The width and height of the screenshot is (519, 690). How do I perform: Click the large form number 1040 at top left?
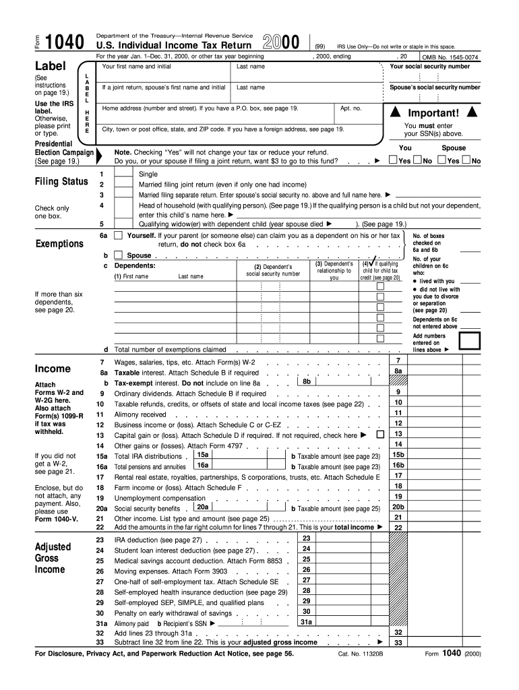(x=63, y=43)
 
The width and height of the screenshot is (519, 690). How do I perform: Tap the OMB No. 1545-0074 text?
(x=451, y=58)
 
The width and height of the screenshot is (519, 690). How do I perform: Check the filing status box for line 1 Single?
(x=123, y=174)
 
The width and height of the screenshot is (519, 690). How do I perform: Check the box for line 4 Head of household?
(x=123, y=205)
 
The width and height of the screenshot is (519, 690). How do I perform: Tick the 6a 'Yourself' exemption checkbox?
(x=118, y=236)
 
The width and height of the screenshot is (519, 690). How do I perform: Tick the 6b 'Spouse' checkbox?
(x=118, y=255)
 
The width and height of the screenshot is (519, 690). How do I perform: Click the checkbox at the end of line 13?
(x=379, y=435)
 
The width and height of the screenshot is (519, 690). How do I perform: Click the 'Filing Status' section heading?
(x=61, y=181)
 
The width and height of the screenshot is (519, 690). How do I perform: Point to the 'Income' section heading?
(x=53, y=369)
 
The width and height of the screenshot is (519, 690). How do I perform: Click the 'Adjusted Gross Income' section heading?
(x=51, y=558)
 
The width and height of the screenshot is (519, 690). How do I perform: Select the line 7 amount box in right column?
(x=438, y=362)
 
